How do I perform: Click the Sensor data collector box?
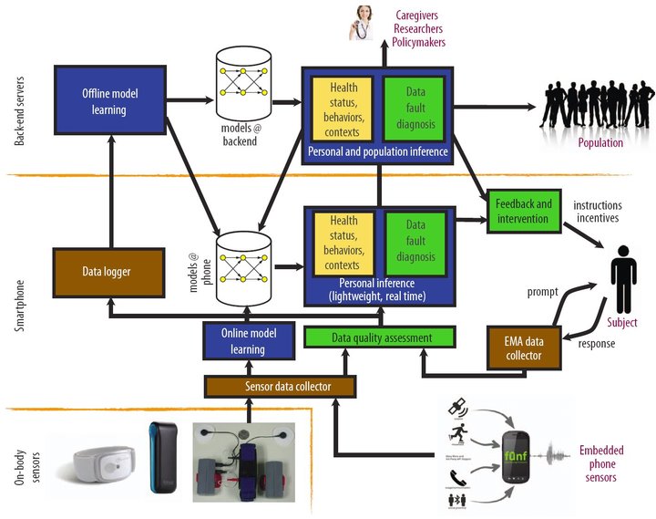click(x=280, y=386)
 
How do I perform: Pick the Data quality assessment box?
click(x=380, y=337)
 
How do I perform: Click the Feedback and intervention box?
click(x=519, y=211)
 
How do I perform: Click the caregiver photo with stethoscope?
click(x=363, y=25)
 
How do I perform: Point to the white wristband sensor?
click(x=96, y=461)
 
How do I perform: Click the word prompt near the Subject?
click(x=543, y=292)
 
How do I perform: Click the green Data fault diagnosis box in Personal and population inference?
click(x=415, y=109)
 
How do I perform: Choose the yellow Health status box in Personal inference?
click(x=343, y=244)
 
